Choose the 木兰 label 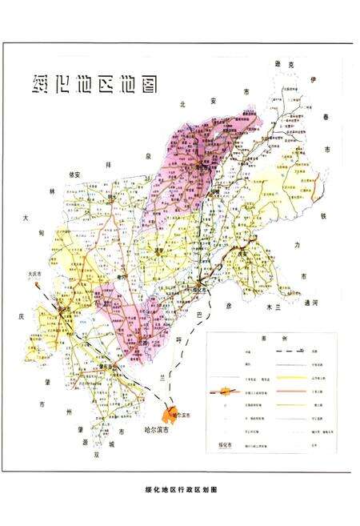coord(277,306)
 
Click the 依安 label coord(77,175)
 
